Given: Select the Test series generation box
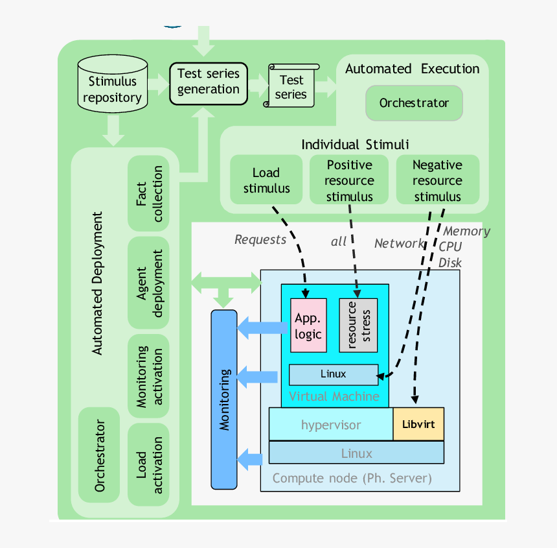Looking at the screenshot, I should pos(209,82).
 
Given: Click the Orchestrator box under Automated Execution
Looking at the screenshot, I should pos(414,103).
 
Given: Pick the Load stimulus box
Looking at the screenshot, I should pos(266,180).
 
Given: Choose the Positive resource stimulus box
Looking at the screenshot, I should pos(349,180).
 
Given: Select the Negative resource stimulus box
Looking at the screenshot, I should pos(437,180).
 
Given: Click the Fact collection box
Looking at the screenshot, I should pos(149,194).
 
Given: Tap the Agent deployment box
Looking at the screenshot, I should pos(149,283).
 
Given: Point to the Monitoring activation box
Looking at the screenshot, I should pos(149,376).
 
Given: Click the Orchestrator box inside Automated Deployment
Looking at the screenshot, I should pos(99,455).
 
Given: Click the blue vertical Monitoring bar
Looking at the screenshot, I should pos(224,399).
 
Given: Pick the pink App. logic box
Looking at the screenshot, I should pos(308,326).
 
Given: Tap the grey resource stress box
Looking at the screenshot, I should pos(358,326).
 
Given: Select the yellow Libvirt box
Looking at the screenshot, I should pos(418,425).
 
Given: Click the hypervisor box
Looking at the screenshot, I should pos(331,425).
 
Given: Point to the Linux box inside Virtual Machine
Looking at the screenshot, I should pos(333,374).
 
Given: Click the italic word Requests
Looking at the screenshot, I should pos(260,240).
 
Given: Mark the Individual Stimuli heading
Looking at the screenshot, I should pos(355,145).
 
